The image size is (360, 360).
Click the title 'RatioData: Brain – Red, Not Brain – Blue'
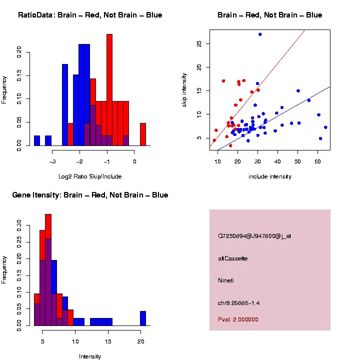(90, 15)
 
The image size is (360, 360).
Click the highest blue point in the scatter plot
(260, 34)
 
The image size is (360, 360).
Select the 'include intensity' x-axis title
(270, 176)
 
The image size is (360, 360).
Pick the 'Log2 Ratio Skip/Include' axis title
(90, 176)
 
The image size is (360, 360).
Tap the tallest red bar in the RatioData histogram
(109, 90)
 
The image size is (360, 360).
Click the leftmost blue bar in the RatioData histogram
(37, 140)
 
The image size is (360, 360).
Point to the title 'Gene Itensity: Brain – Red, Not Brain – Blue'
(90, 195)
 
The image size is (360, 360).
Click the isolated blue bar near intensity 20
(143, 318)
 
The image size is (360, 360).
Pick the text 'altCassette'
(233, 258)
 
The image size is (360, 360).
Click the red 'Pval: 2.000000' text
(238, 319)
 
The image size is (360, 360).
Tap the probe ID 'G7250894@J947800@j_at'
(254, 236)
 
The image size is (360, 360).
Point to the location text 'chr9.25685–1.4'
(239, 303)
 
